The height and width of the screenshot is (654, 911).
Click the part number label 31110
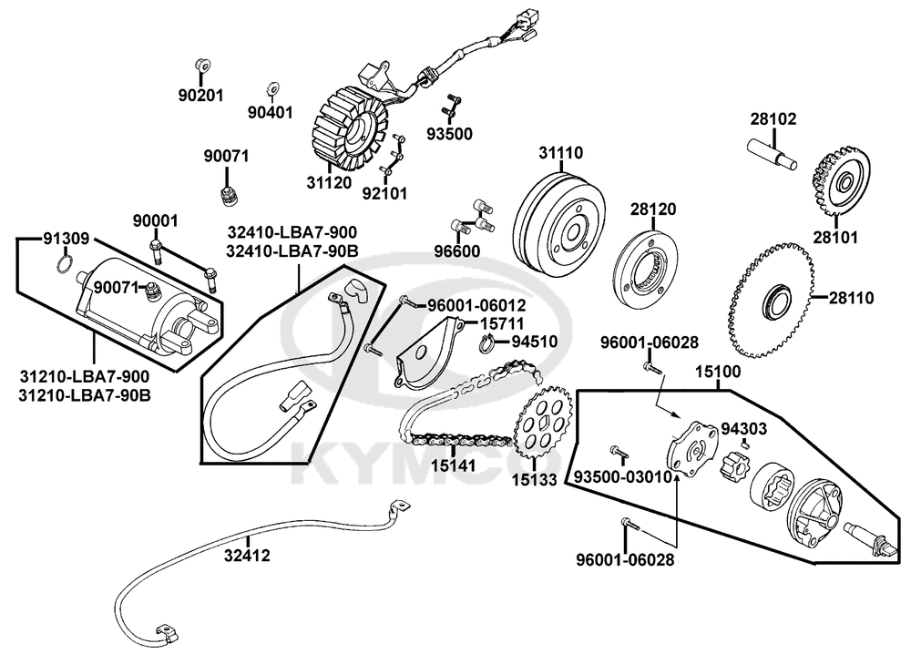(560, 153)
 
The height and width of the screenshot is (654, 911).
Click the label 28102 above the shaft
(773, 119)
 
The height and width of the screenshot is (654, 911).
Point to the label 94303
(743, 429)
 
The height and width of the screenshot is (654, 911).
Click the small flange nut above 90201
(202, 66)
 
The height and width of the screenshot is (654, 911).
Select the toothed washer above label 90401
(271, 89)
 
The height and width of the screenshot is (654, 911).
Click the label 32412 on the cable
(248, 556)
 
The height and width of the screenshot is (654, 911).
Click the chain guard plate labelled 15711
(429, 354)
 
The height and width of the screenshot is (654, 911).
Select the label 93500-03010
(622, 477)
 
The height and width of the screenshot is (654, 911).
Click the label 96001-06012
(476, 305)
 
